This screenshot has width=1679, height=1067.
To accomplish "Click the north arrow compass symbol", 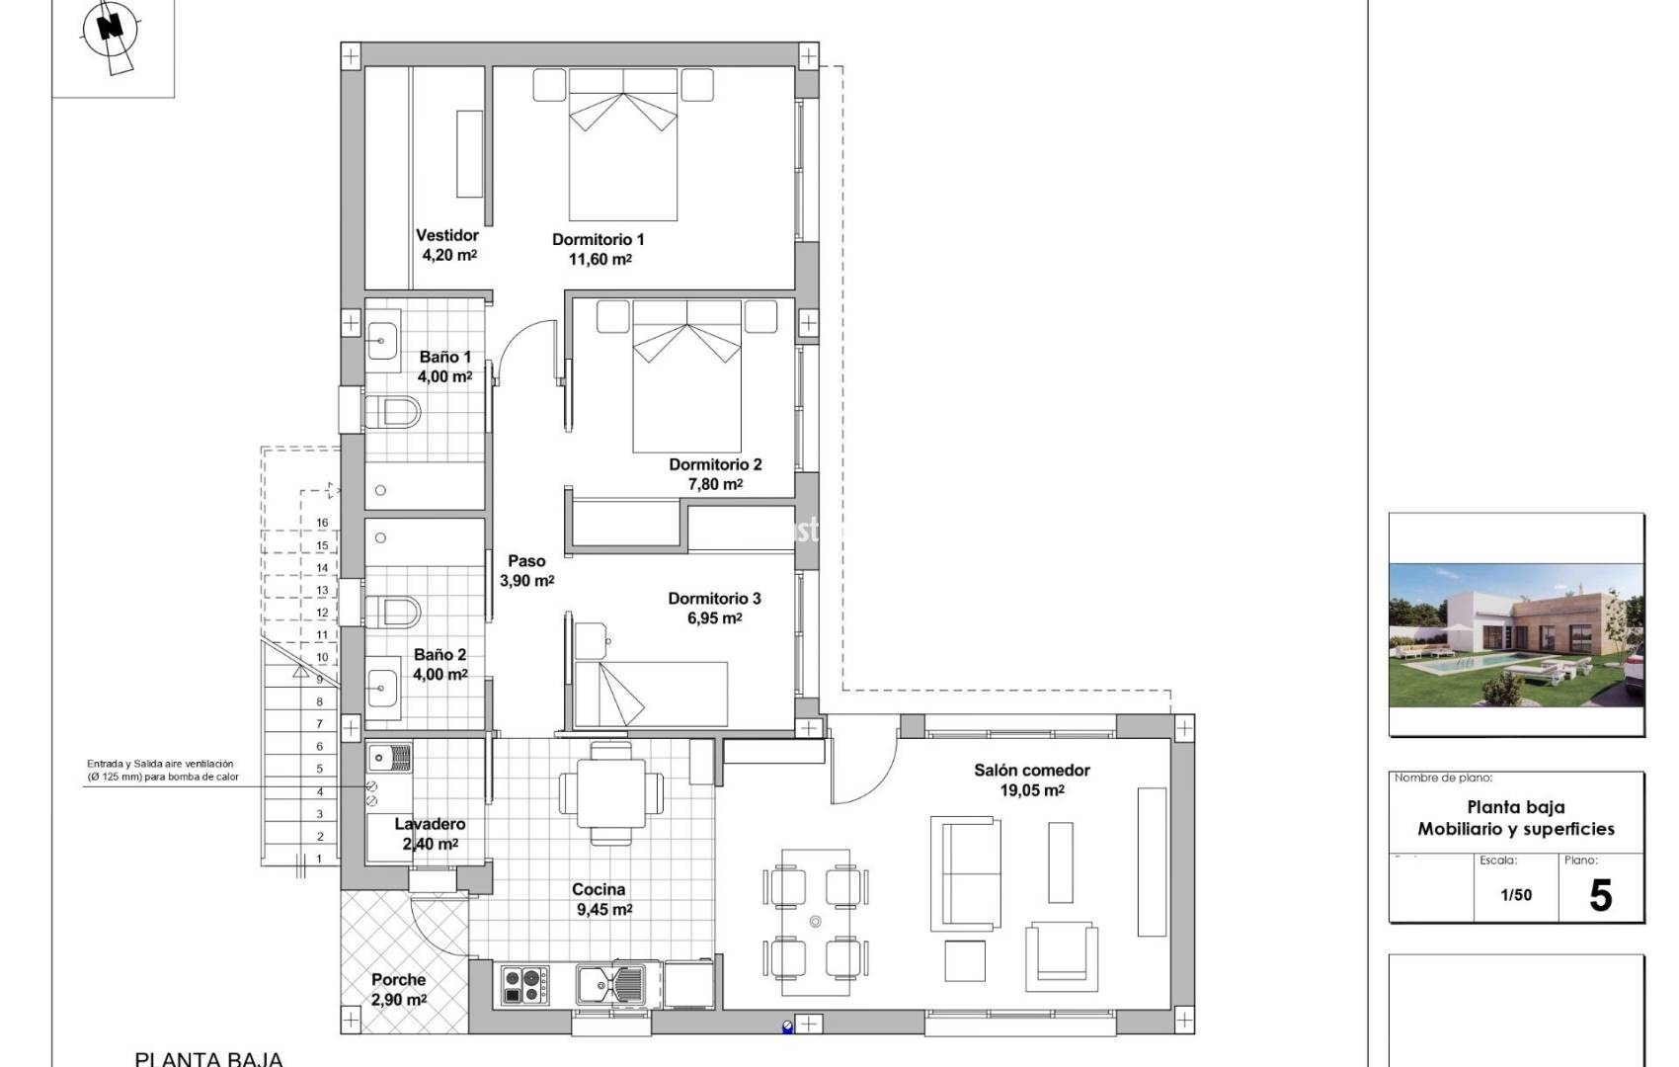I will pyautogui.click(x=113, y=29).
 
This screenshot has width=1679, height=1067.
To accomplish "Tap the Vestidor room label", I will pyautogui.click(x=447, y=235).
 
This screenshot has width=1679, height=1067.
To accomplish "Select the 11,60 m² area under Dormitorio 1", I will pyautogui.click(x=600, y=260).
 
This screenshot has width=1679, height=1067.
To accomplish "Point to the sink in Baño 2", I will pyautogui.click(x=383, y=684).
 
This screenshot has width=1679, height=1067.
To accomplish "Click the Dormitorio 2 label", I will pyautogui.click(x=715, y=464).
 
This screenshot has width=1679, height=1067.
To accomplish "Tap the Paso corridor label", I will pyautogui.click(x=526, y=561).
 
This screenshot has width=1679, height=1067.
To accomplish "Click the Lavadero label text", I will pyautogui.click(x=430, y=824).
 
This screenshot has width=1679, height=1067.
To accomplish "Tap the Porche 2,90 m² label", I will pyautogui.click(x=399, y=990).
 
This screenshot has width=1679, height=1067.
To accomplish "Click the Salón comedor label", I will pyautogui.click(x=1032, y=771).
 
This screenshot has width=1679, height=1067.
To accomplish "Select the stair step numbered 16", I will pyautogui.click(x=322, y=524).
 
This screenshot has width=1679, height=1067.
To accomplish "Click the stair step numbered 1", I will pyautogui.click(x=319, y=859).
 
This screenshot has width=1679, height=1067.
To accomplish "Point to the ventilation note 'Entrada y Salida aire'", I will pyautogui.click(x=160, y=764).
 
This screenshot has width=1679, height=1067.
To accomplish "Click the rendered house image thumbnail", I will pyautogui.click(x=1516, y=635).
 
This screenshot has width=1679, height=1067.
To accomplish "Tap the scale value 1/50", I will pyautogui.click(x=1516, y=895).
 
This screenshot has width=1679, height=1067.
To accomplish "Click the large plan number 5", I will pyautogui.click(x=1600, y=895).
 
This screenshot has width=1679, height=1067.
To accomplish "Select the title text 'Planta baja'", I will pyautogui.click(x=1516, y=807).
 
